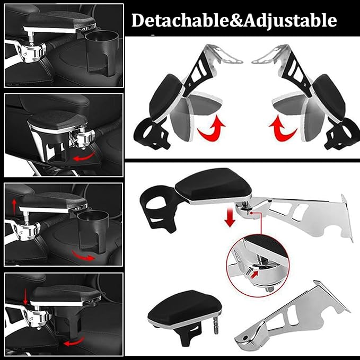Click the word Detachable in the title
[x=170, y=21]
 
